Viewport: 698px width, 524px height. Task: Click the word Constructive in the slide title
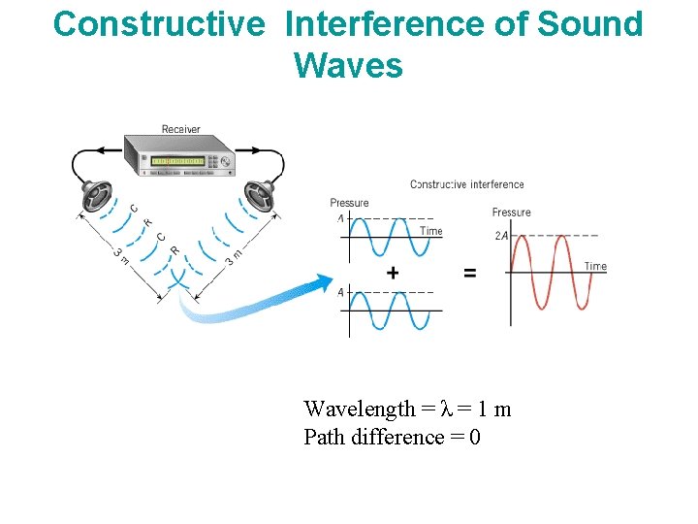point(158,24)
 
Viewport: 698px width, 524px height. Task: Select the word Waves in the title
point(347,66)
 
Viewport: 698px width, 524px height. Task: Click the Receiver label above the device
point(181,129)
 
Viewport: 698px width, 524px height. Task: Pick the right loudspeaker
point(259,196)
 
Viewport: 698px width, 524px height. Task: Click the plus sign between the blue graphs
point(393,274)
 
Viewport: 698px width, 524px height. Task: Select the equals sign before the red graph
point(470,274)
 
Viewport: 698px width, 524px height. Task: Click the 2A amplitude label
point(501,236)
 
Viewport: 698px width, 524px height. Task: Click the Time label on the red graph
point(595,266)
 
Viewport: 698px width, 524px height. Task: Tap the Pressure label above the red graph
point(511,213)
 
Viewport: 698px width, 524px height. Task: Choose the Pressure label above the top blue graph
point(349,203)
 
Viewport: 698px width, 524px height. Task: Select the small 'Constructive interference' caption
point(466,184)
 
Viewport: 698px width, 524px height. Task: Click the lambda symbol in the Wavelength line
point(446,409)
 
